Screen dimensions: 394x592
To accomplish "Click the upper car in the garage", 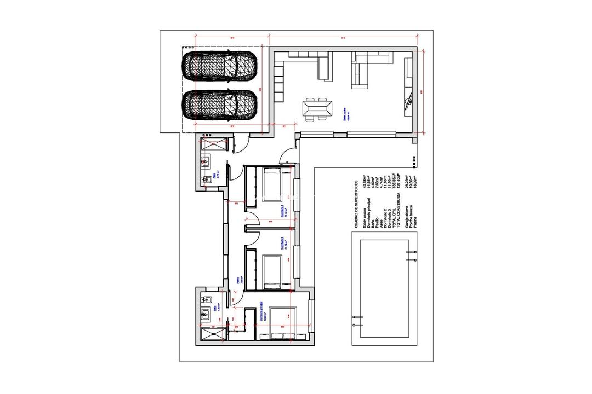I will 219,66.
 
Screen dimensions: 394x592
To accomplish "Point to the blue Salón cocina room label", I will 346,117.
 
